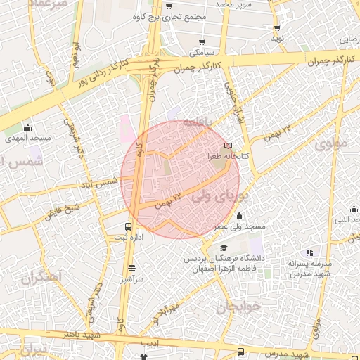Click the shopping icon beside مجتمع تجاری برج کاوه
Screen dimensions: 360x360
pyautogui.click(x=169, y=6)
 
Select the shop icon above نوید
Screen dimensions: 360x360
pyautogui.click(x=278, y=28)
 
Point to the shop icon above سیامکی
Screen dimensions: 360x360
pyautogui.click(x=202, y=42)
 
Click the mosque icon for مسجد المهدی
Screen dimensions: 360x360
pyautogui.click(x=27, y=127)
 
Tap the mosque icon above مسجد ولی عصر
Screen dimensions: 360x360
pyautogui.click(x=240, y=216)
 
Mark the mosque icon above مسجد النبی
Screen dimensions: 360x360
pyautogui.click(x=354, y=209)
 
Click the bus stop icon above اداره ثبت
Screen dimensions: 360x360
pyautogui.click(x=129, y=226)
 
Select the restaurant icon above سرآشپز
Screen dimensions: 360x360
pyautogui.click(x=131, y=268)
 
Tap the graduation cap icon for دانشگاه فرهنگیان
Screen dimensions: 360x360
pyautogui.click(x=223, y=248)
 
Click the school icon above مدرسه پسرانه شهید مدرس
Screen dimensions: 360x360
pyautogui.click(x=309, y=252)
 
